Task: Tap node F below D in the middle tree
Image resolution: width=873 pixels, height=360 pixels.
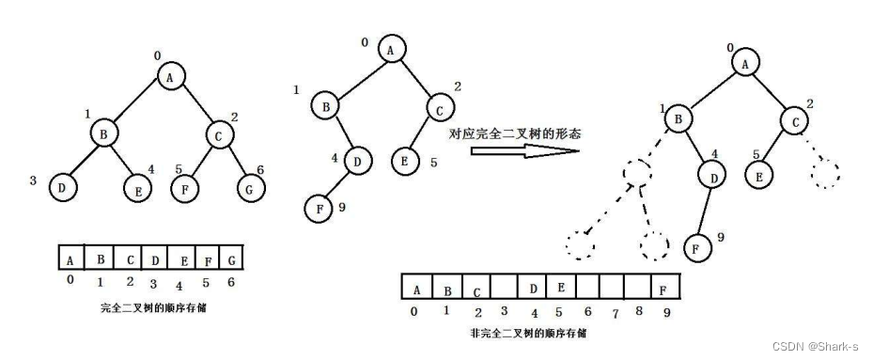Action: [320, 206]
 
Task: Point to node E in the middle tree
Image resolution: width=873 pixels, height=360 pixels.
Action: [405, 160]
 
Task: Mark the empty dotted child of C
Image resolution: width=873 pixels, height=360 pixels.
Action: [825, 174]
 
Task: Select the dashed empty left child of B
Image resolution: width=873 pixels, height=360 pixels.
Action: [637, 175]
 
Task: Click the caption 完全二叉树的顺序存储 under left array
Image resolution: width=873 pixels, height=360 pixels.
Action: [153, 307]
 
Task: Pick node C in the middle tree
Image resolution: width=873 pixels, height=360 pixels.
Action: [438, 109]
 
